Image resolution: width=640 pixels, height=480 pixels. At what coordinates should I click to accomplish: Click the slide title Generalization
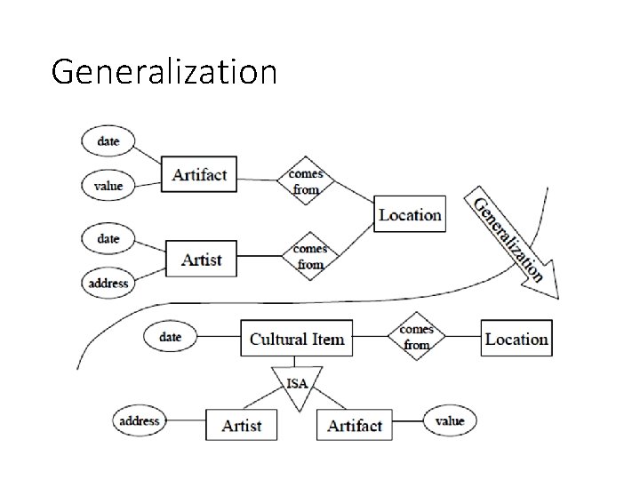164,70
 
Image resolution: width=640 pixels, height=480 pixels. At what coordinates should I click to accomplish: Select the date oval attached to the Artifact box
108,141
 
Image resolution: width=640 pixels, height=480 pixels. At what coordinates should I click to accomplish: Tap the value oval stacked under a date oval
108,186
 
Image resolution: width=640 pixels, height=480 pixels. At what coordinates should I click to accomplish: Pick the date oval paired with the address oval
108,239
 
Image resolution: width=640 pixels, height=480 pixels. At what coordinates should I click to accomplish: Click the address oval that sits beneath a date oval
108,284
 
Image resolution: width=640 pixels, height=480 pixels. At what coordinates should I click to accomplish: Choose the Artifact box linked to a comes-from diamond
199,174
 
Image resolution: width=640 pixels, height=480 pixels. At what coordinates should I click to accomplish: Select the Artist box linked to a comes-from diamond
201,260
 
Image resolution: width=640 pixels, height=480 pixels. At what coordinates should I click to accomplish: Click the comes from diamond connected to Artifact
306,181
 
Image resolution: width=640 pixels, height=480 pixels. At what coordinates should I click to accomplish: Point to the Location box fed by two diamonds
409,214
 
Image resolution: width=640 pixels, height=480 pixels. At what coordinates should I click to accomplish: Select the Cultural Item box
296,339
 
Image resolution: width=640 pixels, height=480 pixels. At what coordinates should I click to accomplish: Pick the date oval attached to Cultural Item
170,337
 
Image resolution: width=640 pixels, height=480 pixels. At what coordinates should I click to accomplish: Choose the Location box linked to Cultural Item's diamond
516,339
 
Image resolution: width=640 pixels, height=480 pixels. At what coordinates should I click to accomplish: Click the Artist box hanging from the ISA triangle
241,425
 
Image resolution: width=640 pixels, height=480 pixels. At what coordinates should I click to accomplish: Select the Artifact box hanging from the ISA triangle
354,425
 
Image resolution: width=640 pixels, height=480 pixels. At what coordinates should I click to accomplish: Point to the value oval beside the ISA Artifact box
450,420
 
